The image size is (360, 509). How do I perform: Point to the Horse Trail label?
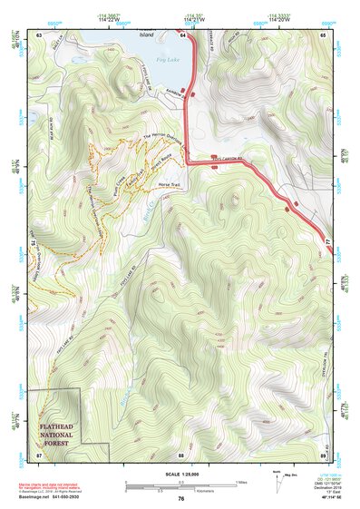coord(170,184)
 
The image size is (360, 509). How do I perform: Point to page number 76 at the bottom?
coord(181,498)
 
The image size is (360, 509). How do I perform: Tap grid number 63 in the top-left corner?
coord(39,34)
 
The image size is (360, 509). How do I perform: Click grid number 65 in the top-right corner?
coord(323,34)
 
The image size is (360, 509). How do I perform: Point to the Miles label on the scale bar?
coord(241,481)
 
